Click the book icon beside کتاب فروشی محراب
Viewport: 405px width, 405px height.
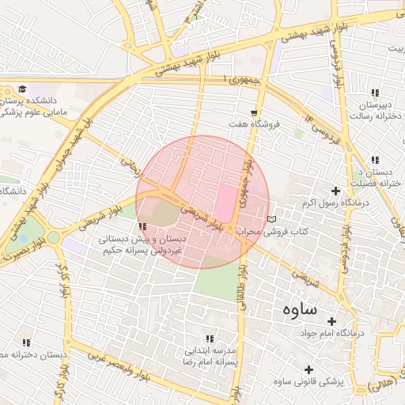pyautogui.click(x=272, y=219)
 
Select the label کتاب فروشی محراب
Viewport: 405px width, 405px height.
pyautogui.click(x=304, y=232)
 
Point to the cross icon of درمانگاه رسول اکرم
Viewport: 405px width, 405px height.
pyautogui.click(x=336, y=191)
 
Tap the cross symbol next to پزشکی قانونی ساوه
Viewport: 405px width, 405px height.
pyautogui.click(x=308, y=369)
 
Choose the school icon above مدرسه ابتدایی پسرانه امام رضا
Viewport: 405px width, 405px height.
pyautogui.click(x=210, y=338)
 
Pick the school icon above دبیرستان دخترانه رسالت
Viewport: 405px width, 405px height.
pyautogui.click(x=375, y=92)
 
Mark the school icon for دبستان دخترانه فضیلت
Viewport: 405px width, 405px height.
pyautogui.click(x=374, y=160)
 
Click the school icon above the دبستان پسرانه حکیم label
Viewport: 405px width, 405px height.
pyautogui.click(x=142, y=227)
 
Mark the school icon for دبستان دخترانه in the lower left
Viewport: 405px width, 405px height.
pyautogui.click(x=26, y=343)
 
